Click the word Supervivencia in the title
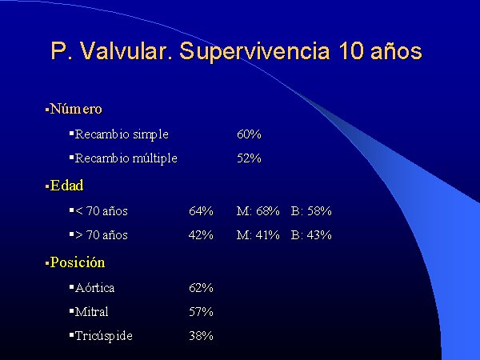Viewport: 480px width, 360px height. (x=254, y=51)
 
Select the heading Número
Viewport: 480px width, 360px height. (x=76, y=109)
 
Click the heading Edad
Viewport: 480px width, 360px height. (x=66, y=186)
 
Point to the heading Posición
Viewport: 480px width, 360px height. (x=77, y=262)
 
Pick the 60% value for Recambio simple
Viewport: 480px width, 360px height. (x=249, y=134)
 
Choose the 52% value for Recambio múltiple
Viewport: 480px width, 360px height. (x=249, y=158)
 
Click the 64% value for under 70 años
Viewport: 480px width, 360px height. (x=201, y=211)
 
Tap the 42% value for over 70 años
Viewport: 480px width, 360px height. (x=201, y=234)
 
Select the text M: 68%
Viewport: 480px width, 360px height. (x=258, y=211)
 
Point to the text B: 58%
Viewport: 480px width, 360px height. (x=311, y=211)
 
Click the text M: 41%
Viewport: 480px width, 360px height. (x=258, y=234)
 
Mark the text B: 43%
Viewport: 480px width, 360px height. (x=311, y=234)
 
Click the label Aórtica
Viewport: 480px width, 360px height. (x=94, y=288)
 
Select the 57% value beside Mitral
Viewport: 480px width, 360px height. (x=201, y=312)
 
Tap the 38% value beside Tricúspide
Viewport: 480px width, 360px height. (x=201, y=336)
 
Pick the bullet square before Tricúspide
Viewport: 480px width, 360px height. (x=72, y=335)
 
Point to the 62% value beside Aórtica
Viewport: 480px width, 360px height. (x=201, y=288)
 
